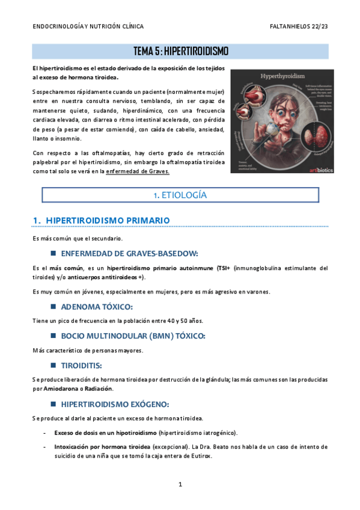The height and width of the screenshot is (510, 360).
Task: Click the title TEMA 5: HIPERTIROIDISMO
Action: click(x=180, y=51)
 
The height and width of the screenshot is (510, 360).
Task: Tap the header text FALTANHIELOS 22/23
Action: click(x=299, y=27)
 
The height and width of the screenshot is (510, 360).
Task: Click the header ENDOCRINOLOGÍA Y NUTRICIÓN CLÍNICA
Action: click(x=88, y=27)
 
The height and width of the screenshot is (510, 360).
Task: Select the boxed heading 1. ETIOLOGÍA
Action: click(x=180, y=195)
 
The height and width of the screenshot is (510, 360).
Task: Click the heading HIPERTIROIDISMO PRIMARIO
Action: click(x=108, y=220)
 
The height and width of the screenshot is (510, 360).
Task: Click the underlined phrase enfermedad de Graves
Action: click(x=138, y=171)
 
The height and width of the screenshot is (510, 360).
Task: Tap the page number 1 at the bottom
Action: click(x=180, y=484)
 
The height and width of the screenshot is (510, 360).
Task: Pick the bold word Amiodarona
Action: click(x=64, y=389)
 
